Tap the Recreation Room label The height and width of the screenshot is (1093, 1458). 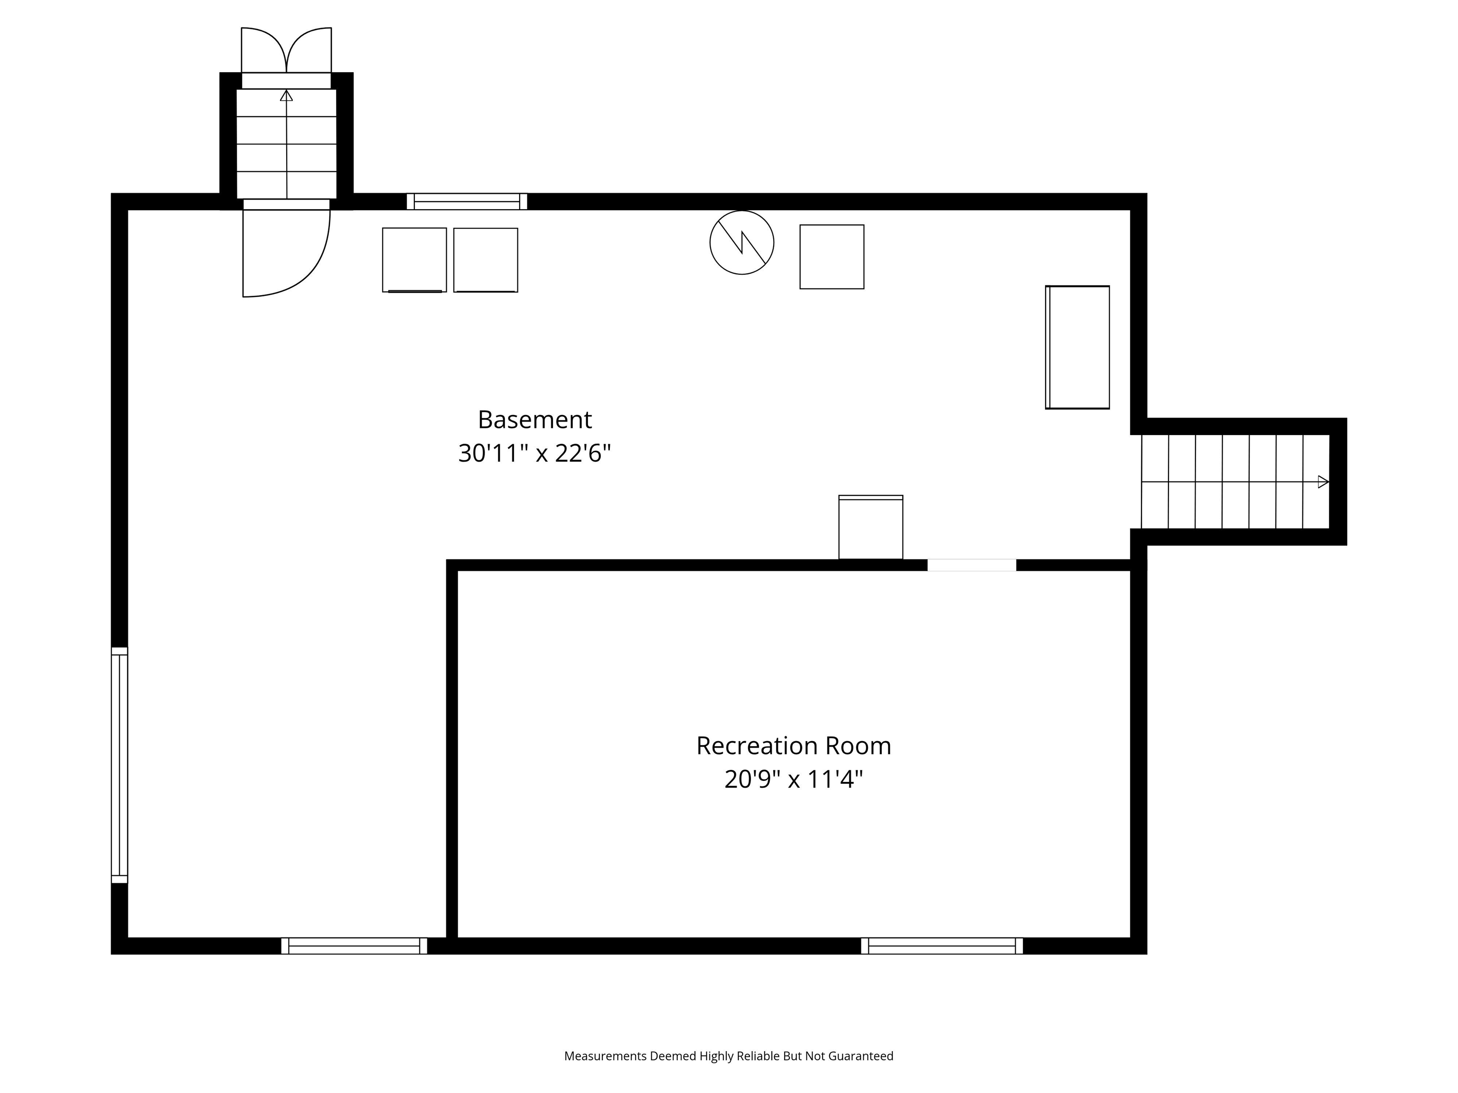[794, 746]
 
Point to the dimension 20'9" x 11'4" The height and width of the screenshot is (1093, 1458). [794, 779]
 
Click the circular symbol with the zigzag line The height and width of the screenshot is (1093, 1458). [741, 242]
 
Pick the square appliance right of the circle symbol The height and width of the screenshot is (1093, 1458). [832, 257]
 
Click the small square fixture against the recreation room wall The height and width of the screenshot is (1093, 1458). [871, 527]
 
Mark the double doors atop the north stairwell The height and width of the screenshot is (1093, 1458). [286, 50]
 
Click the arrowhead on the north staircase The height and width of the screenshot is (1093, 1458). [286, 95]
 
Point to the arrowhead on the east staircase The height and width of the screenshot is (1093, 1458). [1323, 482]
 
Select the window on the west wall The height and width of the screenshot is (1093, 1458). [119, 765]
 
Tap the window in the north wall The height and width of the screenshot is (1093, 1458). [467, 202]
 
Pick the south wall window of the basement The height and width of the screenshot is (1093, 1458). [354, 946]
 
